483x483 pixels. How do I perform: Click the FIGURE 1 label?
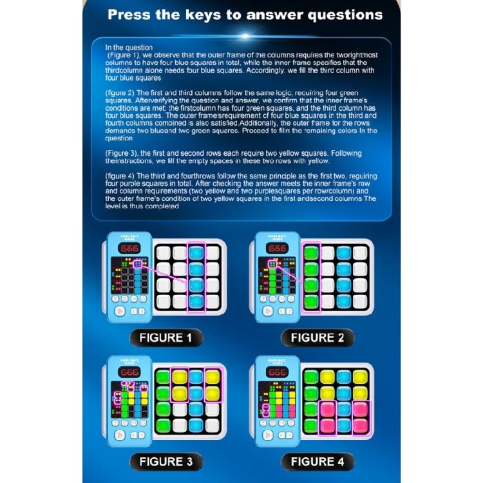166,337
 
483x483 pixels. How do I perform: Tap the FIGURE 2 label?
317,337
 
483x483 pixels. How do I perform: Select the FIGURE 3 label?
166,461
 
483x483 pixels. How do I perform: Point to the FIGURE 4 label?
317,461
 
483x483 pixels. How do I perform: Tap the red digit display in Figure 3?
129,373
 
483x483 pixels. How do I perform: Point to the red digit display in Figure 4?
278,373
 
